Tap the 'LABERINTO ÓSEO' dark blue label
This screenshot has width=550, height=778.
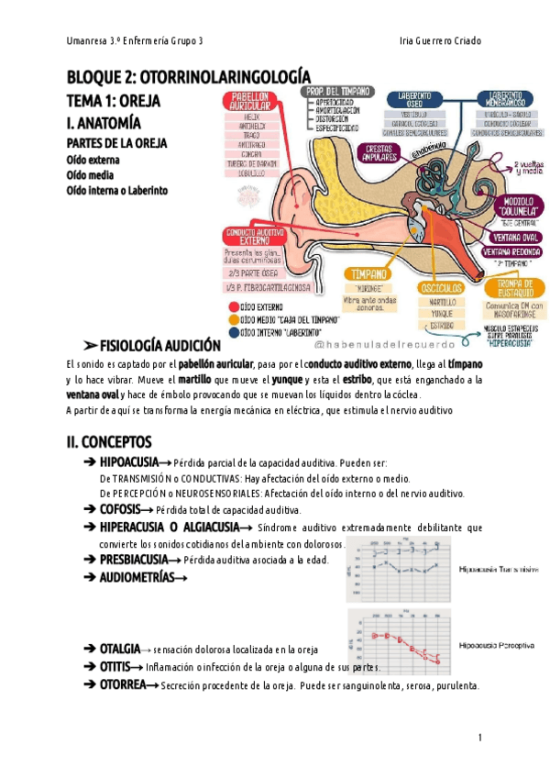click(410, 100)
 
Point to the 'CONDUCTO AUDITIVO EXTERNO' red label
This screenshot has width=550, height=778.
click(254, 237)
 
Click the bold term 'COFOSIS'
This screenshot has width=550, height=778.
click(119, 509)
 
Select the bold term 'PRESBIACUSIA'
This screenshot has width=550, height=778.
click(134, 559)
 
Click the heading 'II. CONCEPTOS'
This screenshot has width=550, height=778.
click(115, 442)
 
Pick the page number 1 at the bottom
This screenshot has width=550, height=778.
click(479, 739)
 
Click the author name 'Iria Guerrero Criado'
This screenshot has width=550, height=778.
click(441, 42)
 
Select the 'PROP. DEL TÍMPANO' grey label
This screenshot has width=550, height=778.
click(338, 92)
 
